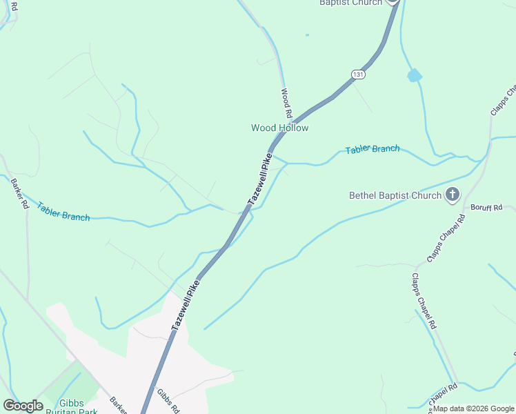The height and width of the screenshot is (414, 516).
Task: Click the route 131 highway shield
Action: click(x=357, y=74)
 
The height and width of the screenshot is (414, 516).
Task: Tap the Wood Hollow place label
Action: click(x=279, y=128)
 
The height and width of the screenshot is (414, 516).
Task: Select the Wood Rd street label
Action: click(x=287, y=102)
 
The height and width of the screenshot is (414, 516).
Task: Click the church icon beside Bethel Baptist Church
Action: click(x=453, y=195)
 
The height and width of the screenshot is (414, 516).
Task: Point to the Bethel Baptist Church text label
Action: click(x=395, y=195)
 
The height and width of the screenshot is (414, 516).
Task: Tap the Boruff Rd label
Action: click(x=487, y=207)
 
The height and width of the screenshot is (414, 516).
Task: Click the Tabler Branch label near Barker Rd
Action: click(x=63, y=212)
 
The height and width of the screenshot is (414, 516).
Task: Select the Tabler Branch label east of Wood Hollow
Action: click(x=373, y=149)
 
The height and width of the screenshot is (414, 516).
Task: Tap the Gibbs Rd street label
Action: click(x=168, y=398)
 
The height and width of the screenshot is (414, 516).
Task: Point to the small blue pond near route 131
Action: click(x=414, y=75)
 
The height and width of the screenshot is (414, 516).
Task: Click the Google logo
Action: click(x=23, y=405)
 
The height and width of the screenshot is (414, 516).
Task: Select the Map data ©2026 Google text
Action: click(x=474, y=408)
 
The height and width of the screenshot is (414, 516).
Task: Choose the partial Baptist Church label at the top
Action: click(x=350, y=3)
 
